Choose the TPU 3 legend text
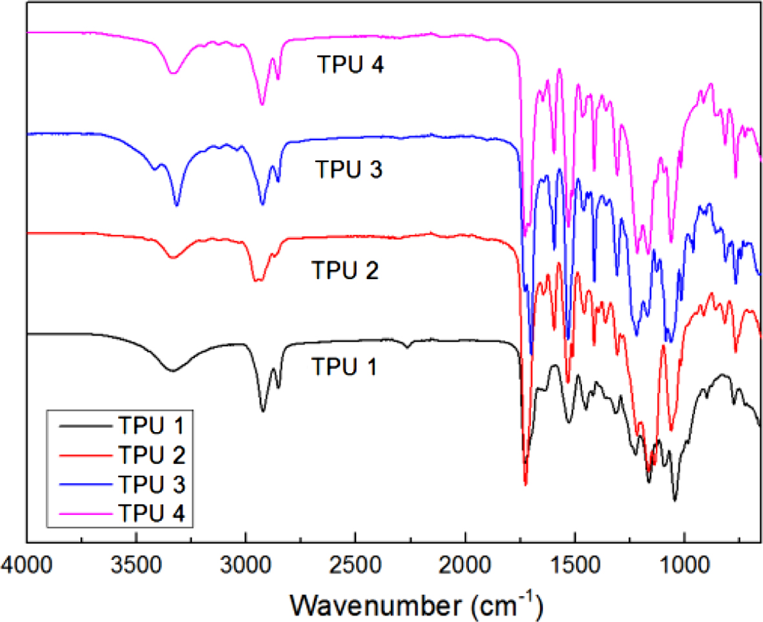(152, 484)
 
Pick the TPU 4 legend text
(152, 513)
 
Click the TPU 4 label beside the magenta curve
(351, 65)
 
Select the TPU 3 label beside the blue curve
(350, 170)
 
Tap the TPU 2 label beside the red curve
(344, 268)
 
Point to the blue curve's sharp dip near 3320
(176, 205)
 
